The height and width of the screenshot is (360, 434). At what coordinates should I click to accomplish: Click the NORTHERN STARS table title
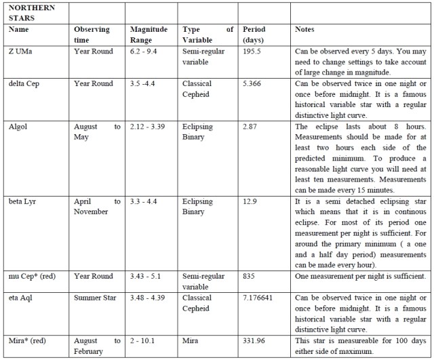(28, 12)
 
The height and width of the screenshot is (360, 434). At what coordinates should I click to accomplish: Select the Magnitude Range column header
(148, 35)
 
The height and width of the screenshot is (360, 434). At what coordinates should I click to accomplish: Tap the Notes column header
(305, 31)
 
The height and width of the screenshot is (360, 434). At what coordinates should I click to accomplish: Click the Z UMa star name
(20, 52)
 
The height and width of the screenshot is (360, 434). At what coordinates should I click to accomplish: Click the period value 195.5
(254, 52)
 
